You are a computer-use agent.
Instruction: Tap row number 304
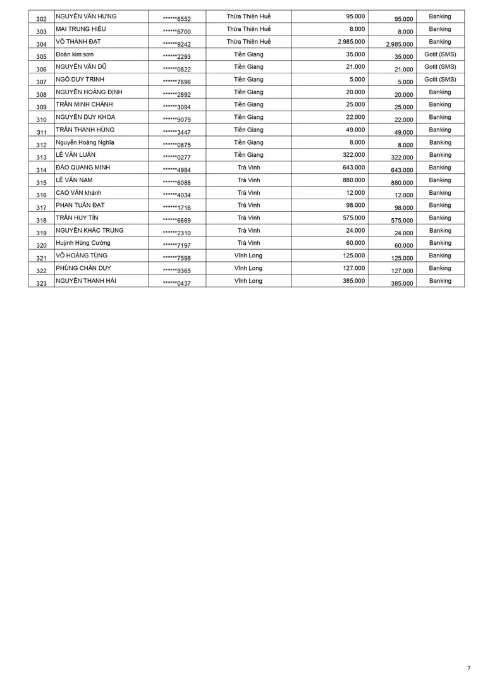coord(42,44)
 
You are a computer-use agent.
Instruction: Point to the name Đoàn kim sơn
coord(75,54)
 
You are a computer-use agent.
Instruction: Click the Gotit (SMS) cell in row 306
coord(440,66)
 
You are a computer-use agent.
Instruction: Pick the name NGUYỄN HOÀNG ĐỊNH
coord(89,92)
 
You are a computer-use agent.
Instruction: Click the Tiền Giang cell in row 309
coord(248,104)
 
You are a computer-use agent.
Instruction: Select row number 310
coord(42,120)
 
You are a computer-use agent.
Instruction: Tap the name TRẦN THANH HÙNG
coord(85,130)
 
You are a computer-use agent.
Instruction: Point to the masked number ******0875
coord(176,145)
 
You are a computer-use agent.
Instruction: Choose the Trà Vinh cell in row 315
coord(248,180)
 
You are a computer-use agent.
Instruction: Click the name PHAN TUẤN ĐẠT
coord(80,206)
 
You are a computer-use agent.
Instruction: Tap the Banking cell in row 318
coord(440,218)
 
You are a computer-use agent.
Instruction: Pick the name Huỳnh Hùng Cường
coord(83,243)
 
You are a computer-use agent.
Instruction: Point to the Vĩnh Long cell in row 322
coord(248,268)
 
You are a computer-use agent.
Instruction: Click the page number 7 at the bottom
coord(468,668)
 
